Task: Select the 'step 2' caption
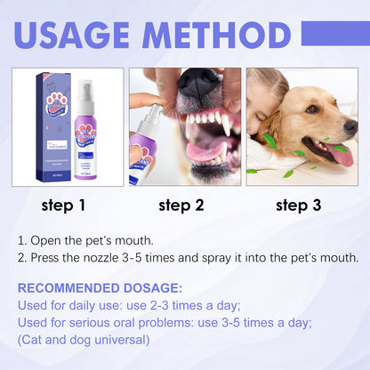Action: [x=181, y=205]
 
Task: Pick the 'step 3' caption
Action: [x=298, y=205]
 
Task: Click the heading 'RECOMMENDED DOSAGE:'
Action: [x=100, y=288]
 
